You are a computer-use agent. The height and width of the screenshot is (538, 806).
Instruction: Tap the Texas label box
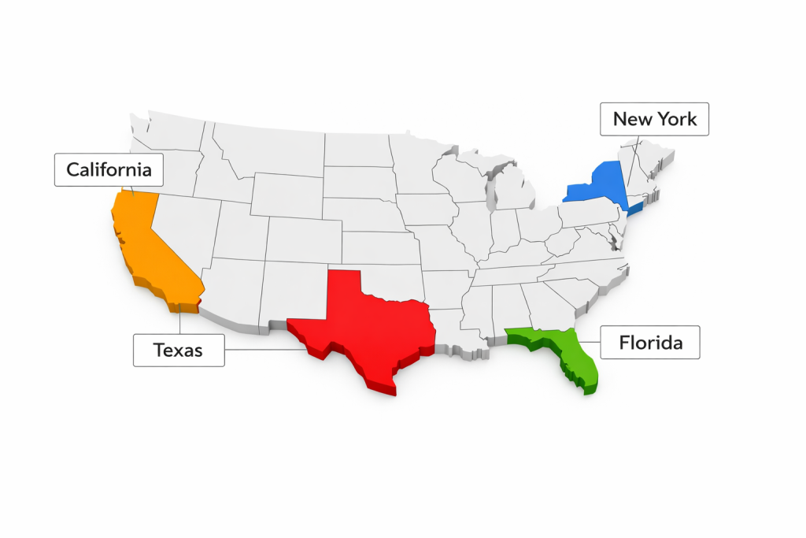click(x=179, y=350)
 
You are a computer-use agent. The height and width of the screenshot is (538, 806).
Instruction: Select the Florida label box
click(x=650, y=343)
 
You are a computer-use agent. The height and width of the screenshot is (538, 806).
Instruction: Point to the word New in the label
click(x=633, y=119)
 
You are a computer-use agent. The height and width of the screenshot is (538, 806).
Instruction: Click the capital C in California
click(x=73, y=169)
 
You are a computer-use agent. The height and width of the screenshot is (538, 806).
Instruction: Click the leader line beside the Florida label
click(x=590, y=343)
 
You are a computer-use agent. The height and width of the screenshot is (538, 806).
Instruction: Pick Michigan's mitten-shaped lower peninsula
click(x=515, y=189)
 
